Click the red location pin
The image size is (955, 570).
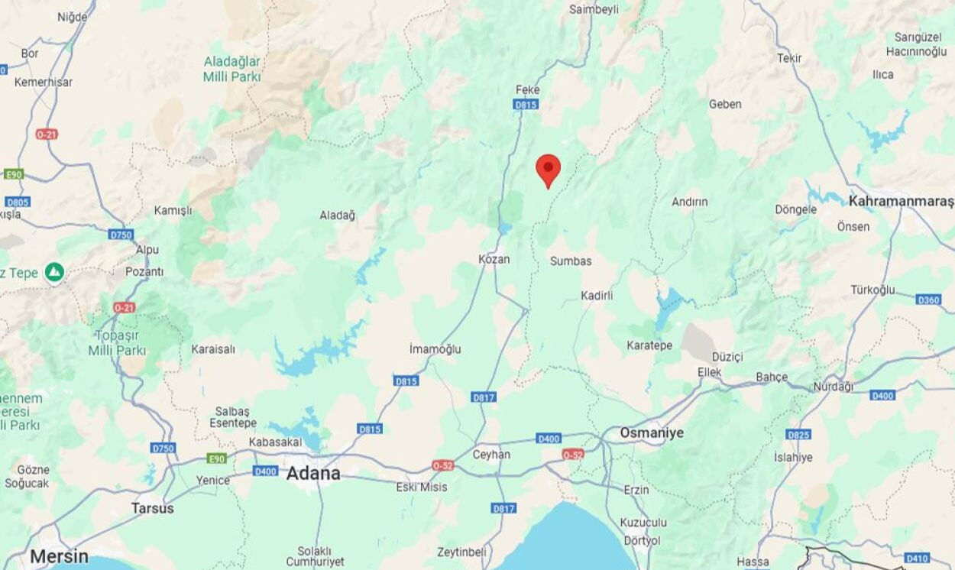(x=548, y=169)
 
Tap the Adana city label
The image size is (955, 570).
(x=312, y=474)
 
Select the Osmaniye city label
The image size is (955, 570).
(x=651, y=433)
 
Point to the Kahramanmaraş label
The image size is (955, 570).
(x=901, y=202)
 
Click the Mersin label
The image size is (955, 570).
(x=59, y=556)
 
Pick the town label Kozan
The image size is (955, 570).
(x=494, y=260)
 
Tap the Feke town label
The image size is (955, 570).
(x=527, y=90)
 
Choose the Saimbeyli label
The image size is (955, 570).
(x=594, y=10)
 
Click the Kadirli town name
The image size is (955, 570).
(x=597, y=296)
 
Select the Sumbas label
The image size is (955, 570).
(x=571, y=261)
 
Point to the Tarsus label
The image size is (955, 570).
(x=152, y=508)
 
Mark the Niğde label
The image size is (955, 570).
(x=73, y=18)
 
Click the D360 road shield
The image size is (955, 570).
(x=928, y=300)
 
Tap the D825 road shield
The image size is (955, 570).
(x=798, y=435)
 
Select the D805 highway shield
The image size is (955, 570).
(x=17, y=202)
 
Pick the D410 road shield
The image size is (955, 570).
(x=916, y=558)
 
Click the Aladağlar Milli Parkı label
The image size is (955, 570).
(x=231, y=69)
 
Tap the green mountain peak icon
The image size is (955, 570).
(x=54, y=271)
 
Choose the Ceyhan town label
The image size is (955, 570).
(x=491, y=455)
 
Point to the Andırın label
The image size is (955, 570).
(x=689, y=202)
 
